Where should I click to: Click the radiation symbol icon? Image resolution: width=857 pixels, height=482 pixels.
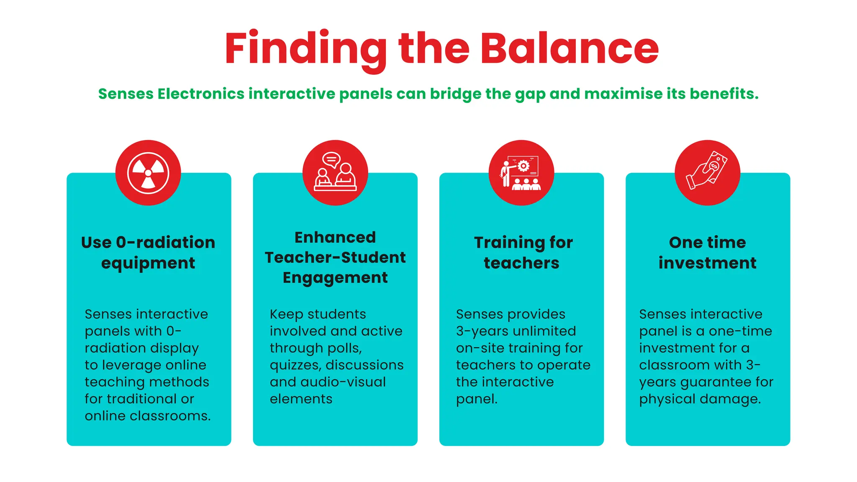tap(148, 173)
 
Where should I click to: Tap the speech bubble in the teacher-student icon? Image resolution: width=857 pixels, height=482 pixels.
tap(331, 159)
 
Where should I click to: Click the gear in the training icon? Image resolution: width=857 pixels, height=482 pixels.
tap(523, 166)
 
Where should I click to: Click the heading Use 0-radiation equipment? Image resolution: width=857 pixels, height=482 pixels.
tap(148, 252)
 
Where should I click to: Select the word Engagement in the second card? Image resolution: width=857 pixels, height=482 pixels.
tap(335, 277)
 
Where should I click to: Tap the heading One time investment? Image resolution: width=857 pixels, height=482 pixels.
tap(707, 252)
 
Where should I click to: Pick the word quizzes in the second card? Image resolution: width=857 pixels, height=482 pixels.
tap(295, 365)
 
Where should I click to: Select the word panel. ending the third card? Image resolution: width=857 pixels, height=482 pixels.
tap(477, 399)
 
